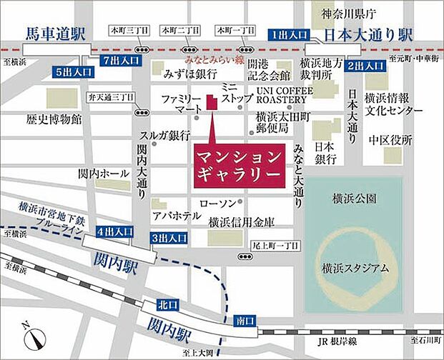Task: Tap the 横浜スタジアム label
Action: point(355,268)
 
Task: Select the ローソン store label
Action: point(218,204)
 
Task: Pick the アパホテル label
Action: point(177,215)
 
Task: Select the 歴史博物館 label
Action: point(54,118)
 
